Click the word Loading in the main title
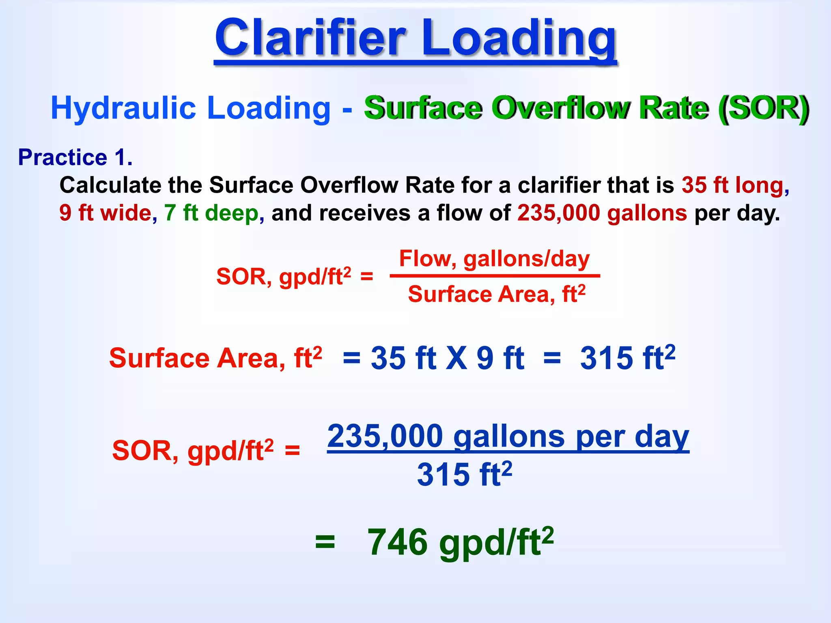click(x=519, y=39)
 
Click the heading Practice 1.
click(x=75, y=157)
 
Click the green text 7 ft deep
click(x=211, y=213)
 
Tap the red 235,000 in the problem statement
click(x=558, y=213)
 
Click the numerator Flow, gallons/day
click(x=494, y=259)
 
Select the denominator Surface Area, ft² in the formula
click(x=497, y=294)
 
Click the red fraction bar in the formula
click(x=495, y=276)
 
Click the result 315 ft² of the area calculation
click(x=627, y=358)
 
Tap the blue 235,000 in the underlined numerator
click(x=385, y=436)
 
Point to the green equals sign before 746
click(x=325, y=542)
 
